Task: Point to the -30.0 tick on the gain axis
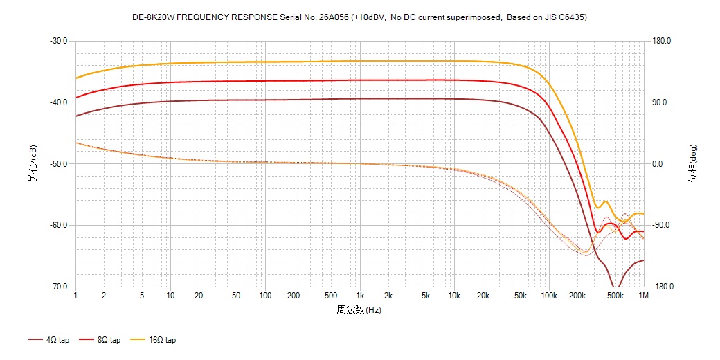click(x=58, y=41)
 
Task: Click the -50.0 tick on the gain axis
click(x=58, y=164)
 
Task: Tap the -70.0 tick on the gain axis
click(x=58, y=287)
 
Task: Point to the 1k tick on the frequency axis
click(x=359, y=296)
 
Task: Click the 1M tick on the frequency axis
click(x=643, y=296)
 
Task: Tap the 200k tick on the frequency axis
click(x=577, y=296)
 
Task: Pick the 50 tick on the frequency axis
click(x=236, y=296)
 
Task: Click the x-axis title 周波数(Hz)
click(x=359, y=309)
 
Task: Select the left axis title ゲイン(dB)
click(x=33, y=164)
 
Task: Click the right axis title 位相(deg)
click(x=693, y=164)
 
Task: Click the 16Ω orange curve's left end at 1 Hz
click(x=76, y=78)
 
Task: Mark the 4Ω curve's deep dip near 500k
click(x=614, y=286)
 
